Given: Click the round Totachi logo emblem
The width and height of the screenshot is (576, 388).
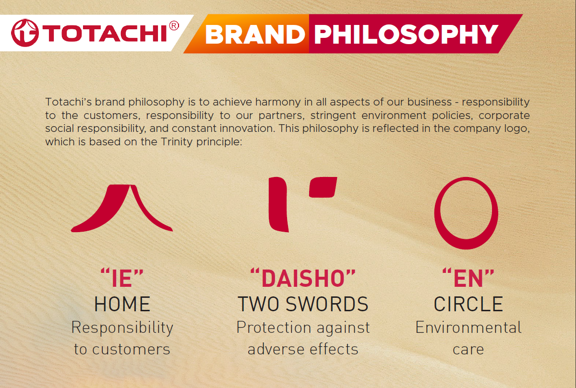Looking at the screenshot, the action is click(25, 33).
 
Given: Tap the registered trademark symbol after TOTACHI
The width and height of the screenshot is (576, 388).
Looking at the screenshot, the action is click(174, 26).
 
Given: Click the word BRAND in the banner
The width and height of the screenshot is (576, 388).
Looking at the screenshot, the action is click(255, 35).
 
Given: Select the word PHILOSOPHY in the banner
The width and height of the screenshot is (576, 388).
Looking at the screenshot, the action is click(406, 35).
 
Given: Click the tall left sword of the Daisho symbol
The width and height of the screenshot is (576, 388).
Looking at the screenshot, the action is click(278, 204).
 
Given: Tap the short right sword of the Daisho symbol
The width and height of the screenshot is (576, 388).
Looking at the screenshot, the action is click(323, 188).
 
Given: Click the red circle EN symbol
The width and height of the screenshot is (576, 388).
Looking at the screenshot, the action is click(437, 213).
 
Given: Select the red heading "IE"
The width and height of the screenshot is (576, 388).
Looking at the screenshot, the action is click(122, 278).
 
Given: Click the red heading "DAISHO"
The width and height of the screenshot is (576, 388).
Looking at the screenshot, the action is click(303, 278).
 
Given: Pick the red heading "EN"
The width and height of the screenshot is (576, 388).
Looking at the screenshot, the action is click(468, 278).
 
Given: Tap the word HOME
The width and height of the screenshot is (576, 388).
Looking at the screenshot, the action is click(122, 304).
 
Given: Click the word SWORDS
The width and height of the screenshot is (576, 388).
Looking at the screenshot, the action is click(327, 304).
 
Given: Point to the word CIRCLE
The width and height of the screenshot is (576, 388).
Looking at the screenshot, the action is click(468, 304).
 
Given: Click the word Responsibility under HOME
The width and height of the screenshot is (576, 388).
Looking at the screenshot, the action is click(122, 328).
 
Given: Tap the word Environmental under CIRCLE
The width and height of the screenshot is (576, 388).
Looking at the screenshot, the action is click(468, 328).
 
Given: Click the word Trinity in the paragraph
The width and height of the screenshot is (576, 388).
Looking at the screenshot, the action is click(177, 142).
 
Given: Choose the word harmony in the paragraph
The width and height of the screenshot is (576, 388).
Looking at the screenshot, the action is click(278, 103).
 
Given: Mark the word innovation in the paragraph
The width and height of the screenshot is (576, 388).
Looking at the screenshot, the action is click(247, 129).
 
